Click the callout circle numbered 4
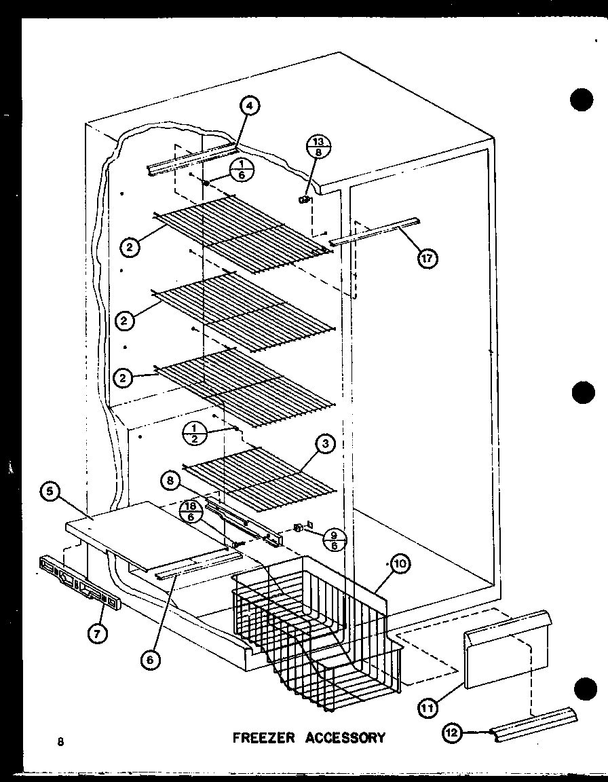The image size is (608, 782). point(250,106)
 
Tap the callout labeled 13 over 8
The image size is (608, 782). point(318,147)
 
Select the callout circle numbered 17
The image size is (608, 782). point(427,258)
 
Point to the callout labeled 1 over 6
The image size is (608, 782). point(239,171)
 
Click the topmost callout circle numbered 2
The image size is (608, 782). point(131,248)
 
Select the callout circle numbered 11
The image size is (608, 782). point(427,709)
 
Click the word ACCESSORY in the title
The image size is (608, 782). point(345,737)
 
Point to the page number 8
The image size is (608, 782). point(60,741)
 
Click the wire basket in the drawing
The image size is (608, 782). point(312,625)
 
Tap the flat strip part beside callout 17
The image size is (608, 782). point(375,231)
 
